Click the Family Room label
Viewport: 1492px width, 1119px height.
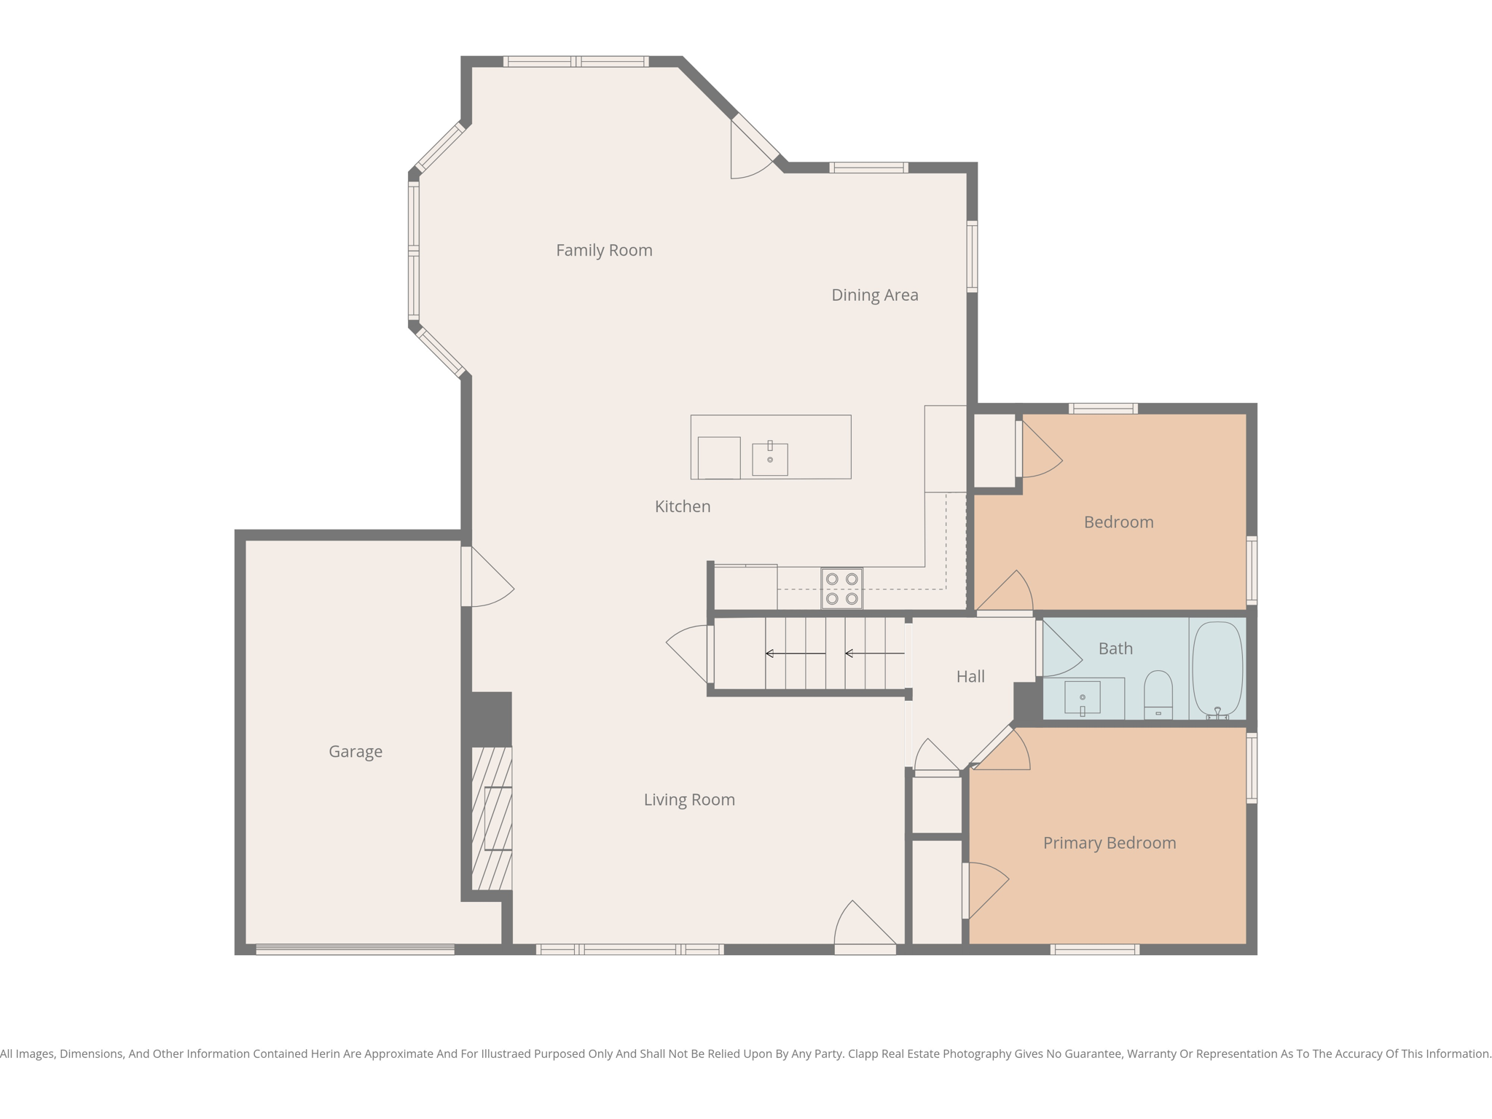point(604,251)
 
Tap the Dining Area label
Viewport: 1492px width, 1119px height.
point(874,295)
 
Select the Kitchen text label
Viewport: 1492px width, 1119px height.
point(682,506)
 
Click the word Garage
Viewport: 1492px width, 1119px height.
point(355,751)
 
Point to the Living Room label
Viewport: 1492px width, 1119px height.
point(688,800)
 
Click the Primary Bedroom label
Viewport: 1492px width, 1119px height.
point(1109,843)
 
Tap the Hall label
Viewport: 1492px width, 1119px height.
point(970,677)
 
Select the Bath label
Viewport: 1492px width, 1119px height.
point(1115,648)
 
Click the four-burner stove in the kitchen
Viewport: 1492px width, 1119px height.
point(841,589)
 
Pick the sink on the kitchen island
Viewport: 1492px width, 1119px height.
point(769,460)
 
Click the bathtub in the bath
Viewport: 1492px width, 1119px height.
point(1217,669)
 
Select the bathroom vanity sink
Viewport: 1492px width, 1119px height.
point(1082,698)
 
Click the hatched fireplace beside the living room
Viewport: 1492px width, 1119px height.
point(492,818)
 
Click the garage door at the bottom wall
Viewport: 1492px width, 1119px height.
point(355,949)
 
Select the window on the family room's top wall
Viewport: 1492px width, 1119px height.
point(576,62)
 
